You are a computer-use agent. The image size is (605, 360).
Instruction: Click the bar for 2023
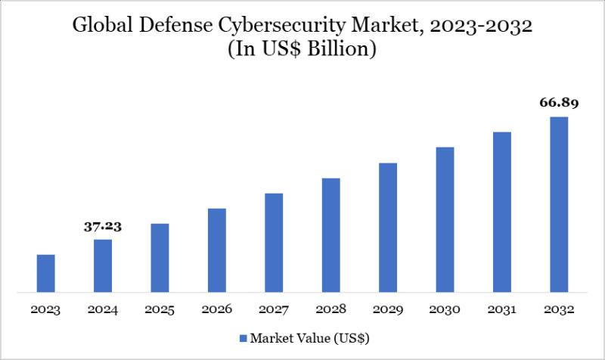pyautogui.click(x=45, y=273)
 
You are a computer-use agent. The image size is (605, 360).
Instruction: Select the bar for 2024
pyautogui.click(x=103, y=265)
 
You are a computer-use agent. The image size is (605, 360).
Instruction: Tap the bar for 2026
pyautogui.click(x=217, y=250)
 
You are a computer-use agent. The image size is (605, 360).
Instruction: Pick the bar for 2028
pyautogui.click(x=330, y=234)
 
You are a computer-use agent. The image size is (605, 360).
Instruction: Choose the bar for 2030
pyautogui.click(x=445, y=219)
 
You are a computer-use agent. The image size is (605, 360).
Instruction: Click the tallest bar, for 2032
pyautogui.click(x=559, y=204)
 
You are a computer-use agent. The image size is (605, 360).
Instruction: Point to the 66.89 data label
pyautogui.click(x=559, y=104)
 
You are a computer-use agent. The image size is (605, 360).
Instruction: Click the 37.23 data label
pyautogui.click(x=103, y=226)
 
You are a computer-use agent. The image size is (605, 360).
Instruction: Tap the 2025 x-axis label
pyautogui.click(x=160, y=309)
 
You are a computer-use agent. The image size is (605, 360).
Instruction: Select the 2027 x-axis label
pyautogui.click(x=274, y=309)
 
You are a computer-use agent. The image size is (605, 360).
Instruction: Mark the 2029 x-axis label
pyautogui.click(x=388, y=309)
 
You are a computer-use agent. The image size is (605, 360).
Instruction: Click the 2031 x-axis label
pyautogui.click(x=502, y=309)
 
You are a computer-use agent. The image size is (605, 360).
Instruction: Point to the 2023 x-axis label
pyautogui.click(x=45, y=309)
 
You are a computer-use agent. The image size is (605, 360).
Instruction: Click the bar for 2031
pyautogui.click(x=502, y=212)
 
